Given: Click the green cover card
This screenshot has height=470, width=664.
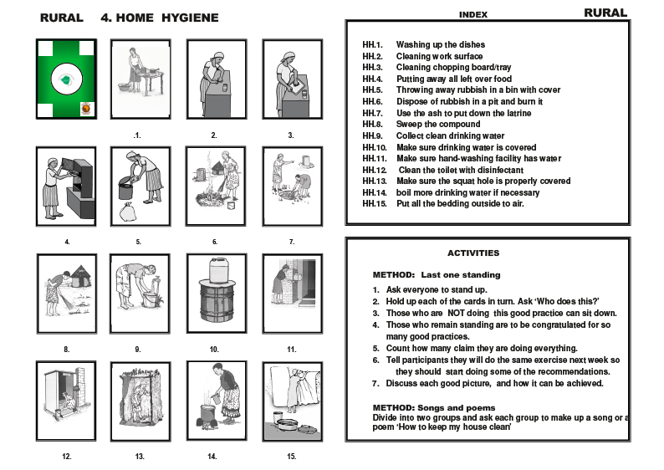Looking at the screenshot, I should (65, 79).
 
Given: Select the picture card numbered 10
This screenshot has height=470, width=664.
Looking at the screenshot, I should (215, 294).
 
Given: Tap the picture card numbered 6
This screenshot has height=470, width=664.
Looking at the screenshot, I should (215, 186).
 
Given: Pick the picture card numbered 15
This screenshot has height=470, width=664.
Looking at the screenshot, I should (292, 401).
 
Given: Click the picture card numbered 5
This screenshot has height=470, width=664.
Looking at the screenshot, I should (140, 186).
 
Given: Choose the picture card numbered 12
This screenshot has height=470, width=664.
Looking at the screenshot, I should (65, 401).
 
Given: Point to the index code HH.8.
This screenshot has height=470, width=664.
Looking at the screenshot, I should (373, 125).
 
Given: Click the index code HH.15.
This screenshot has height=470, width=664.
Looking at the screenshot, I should (375, 203).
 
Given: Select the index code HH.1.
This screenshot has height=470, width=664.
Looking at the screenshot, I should (373, 44).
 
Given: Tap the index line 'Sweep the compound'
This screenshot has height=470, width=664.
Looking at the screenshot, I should (438, 125).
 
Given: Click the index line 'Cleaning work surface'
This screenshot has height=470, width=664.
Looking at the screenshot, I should (439, 56).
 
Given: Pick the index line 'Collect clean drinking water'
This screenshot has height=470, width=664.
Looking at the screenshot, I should (450, 135).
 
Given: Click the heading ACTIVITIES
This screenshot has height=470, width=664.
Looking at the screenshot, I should (473, 253).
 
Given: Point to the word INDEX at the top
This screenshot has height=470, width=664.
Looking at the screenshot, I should (473, 15).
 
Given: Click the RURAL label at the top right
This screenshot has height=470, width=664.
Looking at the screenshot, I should (605, 13).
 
